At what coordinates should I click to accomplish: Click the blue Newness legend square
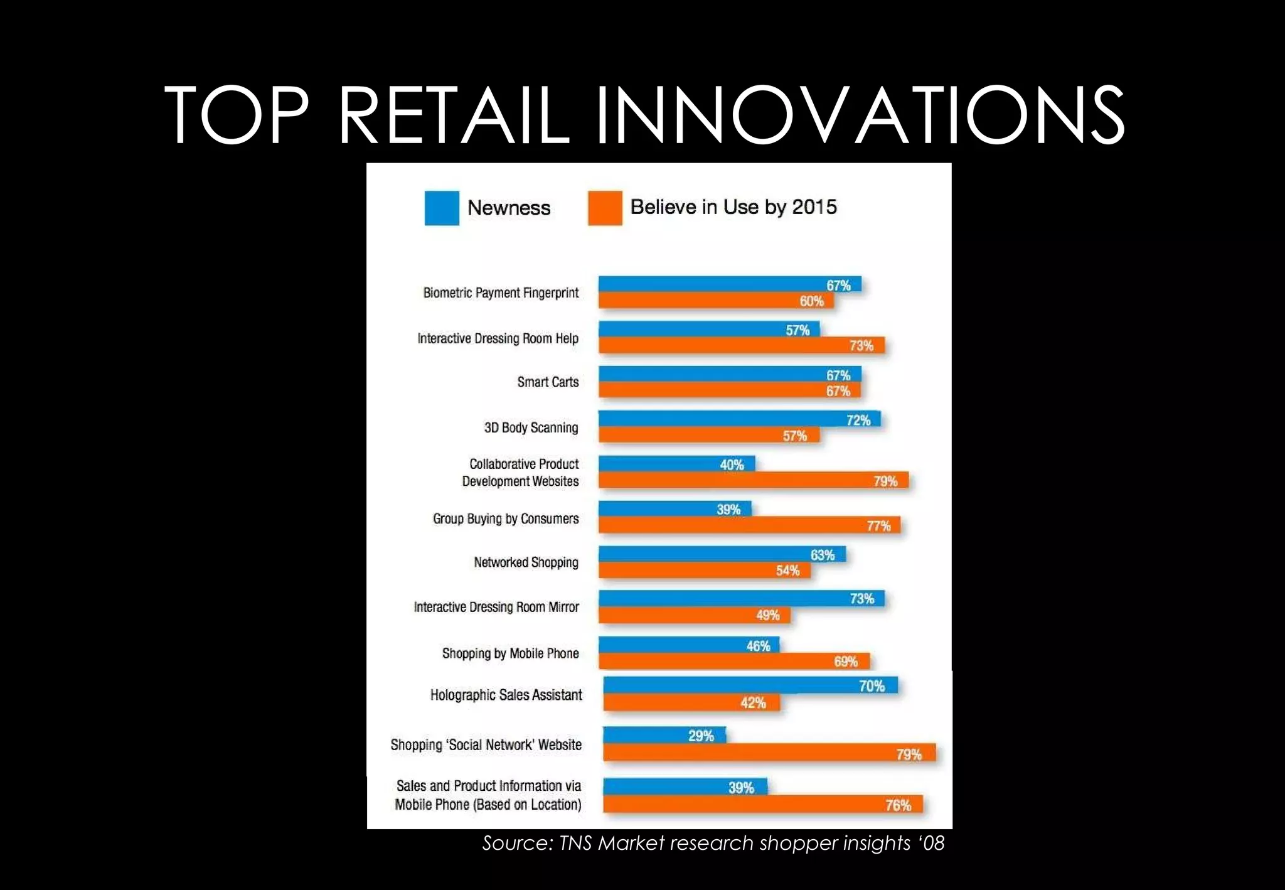tap(442, 208)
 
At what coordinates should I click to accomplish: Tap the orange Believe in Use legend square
tap(605, 208)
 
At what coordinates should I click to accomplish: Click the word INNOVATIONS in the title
tap(860, 116)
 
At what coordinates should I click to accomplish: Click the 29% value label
tap(701, 736)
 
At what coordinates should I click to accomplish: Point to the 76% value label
tap(898, 805)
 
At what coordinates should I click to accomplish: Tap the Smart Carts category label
tap(548, 382)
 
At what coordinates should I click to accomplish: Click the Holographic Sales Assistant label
tap(506, 695)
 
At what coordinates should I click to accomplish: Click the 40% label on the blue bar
tap(732, 465)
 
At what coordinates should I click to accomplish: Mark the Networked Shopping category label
tap(526, 562)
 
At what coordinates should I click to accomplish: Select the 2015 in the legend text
tap(814, 207)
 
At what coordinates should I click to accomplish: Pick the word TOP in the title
tap(237, 116)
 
